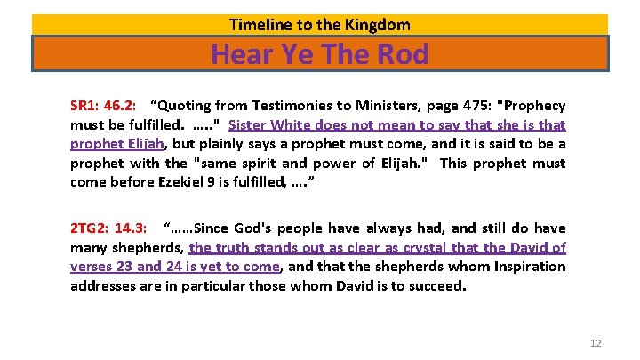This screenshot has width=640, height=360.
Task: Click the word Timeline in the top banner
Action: [257, 25]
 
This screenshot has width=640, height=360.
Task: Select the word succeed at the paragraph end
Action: [435, 286]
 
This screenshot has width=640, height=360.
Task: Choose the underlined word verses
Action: [92, 267]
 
